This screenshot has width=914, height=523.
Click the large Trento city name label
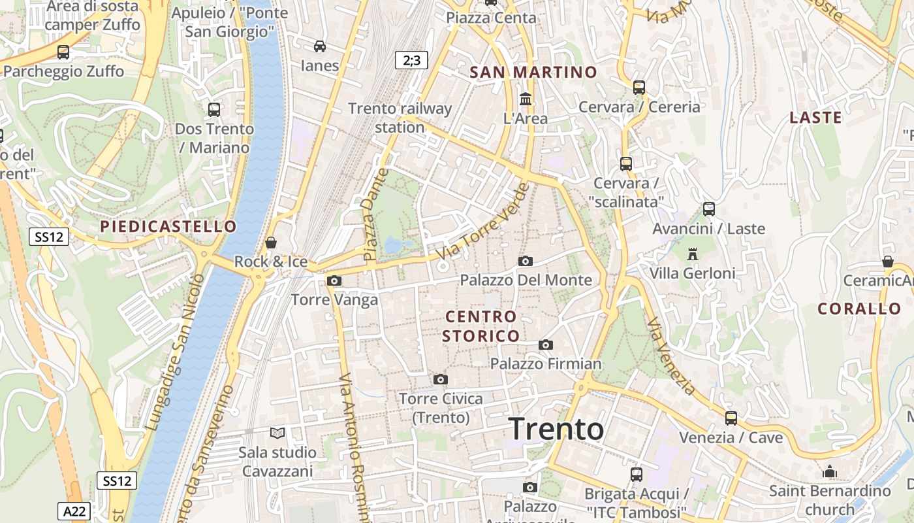point(556,429)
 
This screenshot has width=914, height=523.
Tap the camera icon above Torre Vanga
point(334,281)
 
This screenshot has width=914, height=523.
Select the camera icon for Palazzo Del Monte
point(525,261)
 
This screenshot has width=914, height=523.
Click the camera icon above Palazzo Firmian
point(546,345)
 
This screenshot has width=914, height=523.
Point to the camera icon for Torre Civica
point(441,379)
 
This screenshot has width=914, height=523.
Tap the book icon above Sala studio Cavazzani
point(277,433)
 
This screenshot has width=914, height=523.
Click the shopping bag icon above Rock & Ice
point(271,243)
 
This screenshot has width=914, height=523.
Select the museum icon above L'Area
point(525,99)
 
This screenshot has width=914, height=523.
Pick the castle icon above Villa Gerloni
point(693,253)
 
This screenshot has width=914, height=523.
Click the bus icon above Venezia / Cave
point(731,418)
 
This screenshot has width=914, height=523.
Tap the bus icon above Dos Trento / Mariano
point(213,109)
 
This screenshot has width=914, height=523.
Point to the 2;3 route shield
point(411,61)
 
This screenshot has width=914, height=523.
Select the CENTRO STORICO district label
point(481,326)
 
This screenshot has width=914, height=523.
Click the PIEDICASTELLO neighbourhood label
point(168,227)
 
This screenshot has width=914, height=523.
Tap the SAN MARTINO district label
point(533,72)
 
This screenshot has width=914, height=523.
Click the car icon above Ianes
point(320,46)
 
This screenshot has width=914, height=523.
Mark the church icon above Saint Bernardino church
point(830,471)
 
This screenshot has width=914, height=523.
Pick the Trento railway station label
point(400,118)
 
